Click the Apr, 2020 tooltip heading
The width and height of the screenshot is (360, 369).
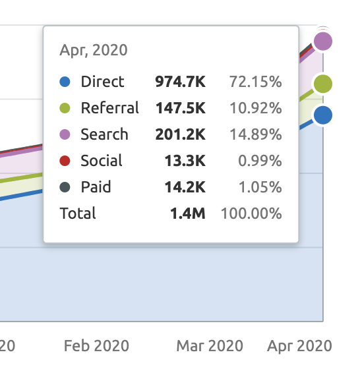[x=94, y=50]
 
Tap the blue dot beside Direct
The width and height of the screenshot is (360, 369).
[x=65, y=82]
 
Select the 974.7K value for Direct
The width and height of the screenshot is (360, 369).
[x=181, y=82]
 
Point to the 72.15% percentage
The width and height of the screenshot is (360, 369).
[x=256, y=82]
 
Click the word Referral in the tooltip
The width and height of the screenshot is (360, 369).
[x=109, y=108]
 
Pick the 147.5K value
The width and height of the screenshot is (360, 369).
[x=181, y=108]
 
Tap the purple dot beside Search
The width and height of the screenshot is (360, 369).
[x=65, y=134]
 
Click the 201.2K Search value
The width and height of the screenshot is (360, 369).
[x=181, y=134]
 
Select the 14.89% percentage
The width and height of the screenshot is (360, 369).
[x=256, y=134]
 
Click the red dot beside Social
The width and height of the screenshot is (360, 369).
[x=65, y=161]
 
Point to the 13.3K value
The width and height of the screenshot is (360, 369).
[x=185, y=161]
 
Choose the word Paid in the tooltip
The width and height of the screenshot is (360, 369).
[x=96, y=187]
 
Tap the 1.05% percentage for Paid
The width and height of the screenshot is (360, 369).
[x=260, y=187]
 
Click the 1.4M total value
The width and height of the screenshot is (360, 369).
[x=188, y=213]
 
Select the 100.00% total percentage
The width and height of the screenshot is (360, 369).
[x=251, y=213]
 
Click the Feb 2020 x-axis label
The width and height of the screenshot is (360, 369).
[x=96, y=346]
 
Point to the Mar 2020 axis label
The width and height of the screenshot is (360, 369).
[x=210, y=346]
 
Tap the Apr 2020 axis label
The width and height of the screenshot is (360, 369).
[x=299, y=346]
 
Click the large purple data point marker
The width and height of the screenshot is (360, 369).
[x=323, y=42]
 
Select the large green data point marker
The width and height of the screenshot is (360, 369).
[x=323, y=84]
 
